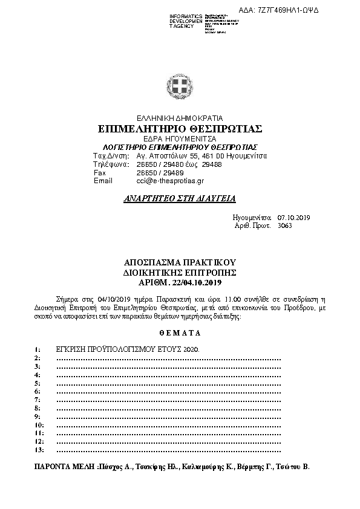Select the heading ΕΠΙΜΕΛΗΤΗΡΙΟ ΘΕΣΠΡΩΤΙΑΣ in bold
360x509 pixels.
click(x=180, y=129)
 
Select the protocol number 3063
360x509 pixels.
click(x=284, y=225)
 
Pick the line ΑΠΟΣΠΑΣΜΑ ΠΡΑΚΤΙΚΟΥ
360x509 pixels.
click(x=180, y=263)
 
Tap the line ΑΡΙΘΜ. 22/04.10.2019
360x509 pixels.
click(x=180, y=282)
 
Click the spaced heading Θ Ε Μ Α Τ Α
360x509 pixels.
click(x=180, y=333)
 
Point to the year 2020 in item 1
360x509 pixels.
click(x=190, y=350)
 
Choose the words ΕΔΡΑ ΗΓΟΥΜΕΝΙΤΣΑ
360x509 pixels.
click(x=180, y=138)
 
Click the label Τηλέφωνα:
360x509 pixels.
click(x=109, y=164)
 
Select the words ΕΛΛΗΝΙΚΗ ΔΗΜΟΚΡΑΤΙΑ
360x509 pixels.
click(x=180, y=118)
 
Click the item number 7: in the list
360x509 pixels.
click(x=38, y=400)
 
